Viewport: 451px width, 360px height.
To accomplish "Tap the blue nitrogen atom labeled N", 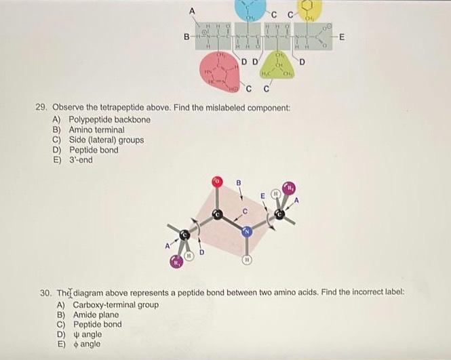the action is [x=248, y=233].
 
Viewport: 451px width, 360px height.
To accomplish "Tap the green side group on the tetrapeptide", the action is [x=280, y=66].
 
